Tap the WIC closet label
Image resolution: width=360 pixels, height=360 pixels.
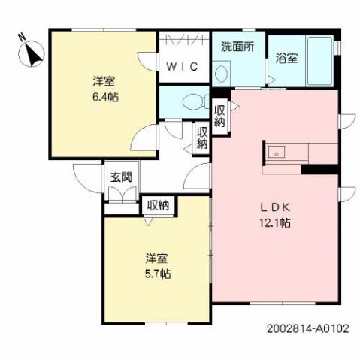(x=183, y=66)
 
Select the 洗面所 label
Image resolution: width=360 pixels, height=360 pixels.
(x=237, y=46)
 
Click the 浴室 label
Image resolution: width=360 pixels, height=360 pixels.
(x=285, y=57)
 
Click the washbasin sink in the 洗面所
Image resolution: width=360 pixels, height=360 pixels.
(x=222, y=74)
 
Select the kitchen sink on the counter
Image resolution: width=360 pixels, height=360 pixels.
(x=277, y=152)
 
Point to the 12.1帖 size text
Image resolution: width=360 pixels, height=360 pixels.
(x=275, y=223)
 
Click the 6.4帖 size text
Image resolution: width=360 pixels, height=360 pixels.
(x=104, y=97)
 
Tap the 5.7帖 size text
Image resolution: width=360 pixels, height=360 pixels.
(x=158, y=274)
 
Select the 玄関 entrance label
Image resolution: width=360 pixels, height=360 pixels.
(x=121, y=178)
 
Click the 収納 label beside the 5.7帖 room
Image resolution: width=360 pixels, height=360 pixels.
(x=158, y=204)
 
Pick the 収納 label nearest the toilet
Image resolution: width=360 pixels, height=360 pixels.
(x=219, y=116)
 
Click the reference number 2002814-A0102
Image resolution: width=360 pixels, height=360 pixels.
(x=307, y=328)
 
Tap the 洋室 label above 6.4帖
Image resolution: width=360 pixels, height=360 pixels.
(x=104, y=82)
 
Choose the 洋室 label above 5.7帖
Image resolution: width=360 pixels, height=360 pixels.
(x=158, y=259)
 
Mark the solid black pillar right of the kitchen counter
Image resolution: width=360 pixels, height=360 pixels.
(x=319, y=168)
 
